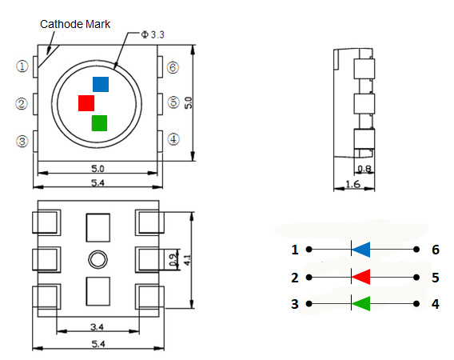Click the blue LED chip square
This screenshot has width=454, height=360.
pyautogui.click(x=101, y=84)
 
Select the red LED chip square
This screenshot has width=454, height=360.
pyautogui.click(x=86, y=103)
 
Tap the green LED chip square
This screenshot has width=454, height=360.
pyautogui.click(x=99, y=123)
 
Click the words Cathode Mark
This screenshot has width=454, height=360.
pyautogui.click(x=75, y=24)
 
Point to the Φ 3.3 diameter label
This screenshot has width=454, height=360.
pyautogui.click(x=153, y=34)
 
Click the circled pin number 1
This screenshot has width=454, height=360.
pyautogui.click(x=22, y=66)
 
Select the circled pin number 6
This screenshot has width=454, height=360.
pyautogui.click(x=173, y=67)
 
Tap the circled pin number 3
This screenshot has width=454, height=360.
pyautogui.click(x=22, y=142)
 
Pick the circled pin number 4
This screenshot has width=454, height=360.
pyautogui.click(x=173, y=139)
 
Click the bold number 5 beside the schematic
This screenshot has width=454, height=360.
pyautogui.click(x=436, y=278)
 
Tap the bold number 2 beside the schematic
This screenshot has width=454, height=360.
pyautogui.click(x=295, y=278)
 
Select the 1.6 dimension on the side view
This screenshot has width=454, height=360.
pyautogui.click(x=353, y=184)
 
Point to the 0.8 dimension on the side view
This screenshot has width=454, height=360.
pyautogui.click(x=364, y=169)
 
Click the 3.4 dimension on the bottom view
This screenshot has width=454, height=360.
pyautogui.click(x=97, y=327)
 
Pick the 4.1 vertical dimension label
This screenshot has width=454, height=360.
pyautogui.click(x=188, y=260)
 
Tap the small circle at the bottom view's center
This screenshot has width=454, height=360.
pyautogui.click(x=98, y=259)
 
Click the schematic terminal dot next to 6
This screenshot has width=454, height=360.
pyautogui.click(x=416, y=250)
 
